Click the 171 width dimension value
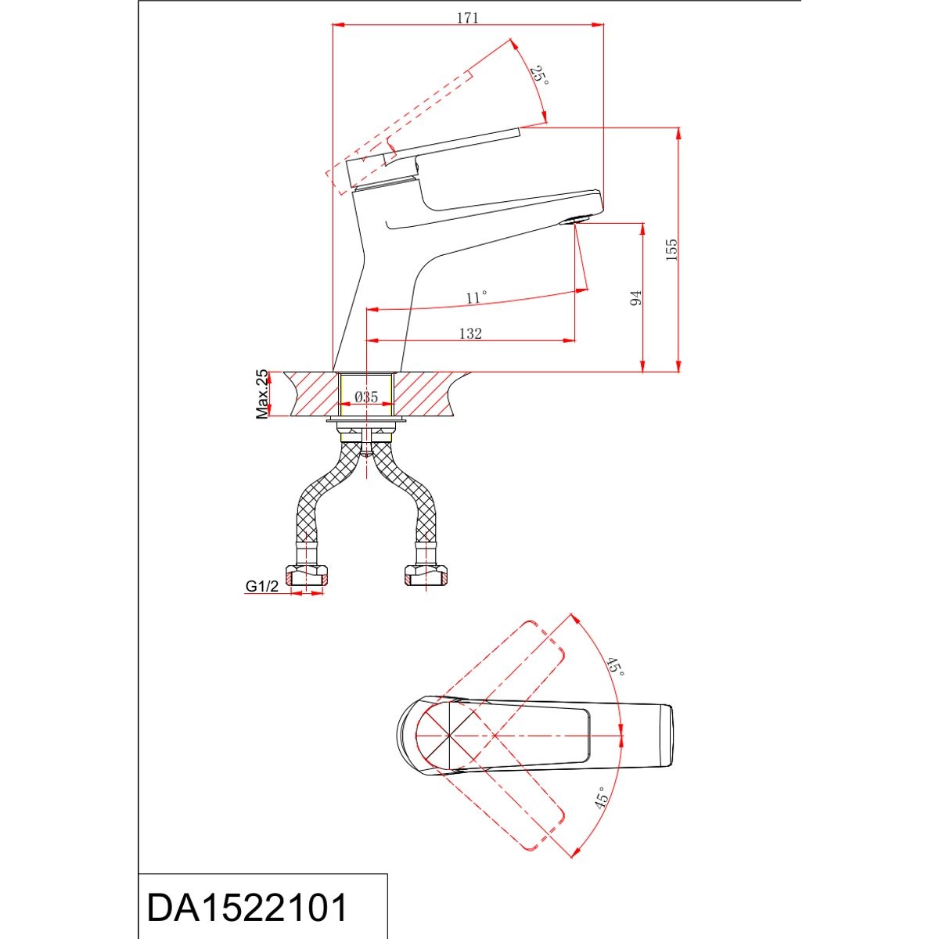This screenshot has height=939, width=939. point(467,17)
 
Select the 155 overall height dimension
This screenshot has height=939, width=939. point(671,250)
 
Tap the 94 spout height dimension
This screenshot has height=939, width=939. point(636,297)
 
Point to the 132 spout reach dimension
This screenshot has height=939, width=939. point(470,333)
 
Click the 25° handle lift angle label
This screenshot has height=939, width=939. point(539,76)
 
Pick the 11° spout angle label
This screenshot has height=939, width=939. point(476,297)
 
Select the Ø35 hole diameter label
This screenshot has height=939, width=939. point(366,398)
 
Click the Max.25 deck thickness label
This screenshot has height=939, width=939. point(262,394)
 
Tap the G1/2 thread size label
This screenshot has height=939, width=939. point(261,587)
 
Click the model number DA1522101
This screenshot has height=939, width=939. point(247,908)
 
